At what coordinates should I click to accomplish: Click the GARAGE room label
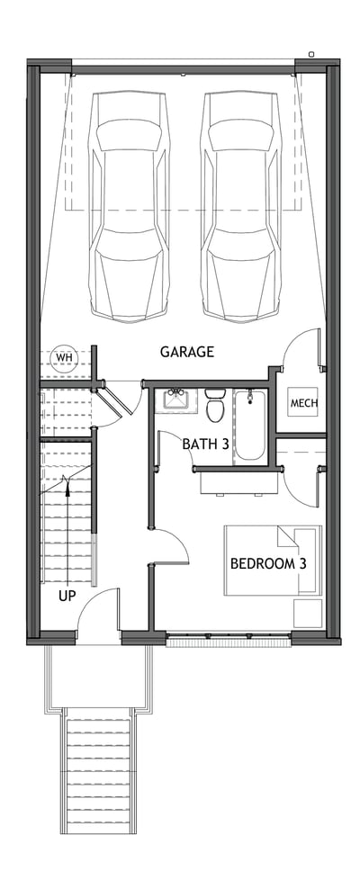pyautogui.click(x=187, y=352)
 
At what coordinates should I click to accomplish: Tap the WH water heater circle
pyautogui.click(x=63, y=358)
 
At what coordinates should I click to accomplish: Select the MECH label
pyautogui.click(x=303, y=403)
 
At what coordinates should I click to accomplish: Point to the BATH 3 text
pyautogui.click(x=204, y=444)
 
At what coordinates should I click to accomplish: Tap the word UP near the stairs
pyautogui.click(x=67, y=596)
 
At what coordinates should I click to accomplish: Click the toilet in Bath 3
pyautogui.click(x=215, y=407)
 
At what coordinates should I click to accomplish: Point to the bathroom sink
pyautogui.click(x=175, y=399)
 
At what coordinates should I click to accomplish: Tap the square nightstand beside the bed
pyautogui.click(x=307, y=613)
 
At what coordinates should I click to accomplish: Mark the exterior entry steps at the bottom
pyautogui.click(x=98, y=774)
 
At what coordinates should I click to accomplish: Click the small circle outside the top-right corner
pyautogui.click(x=311, y=54)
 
